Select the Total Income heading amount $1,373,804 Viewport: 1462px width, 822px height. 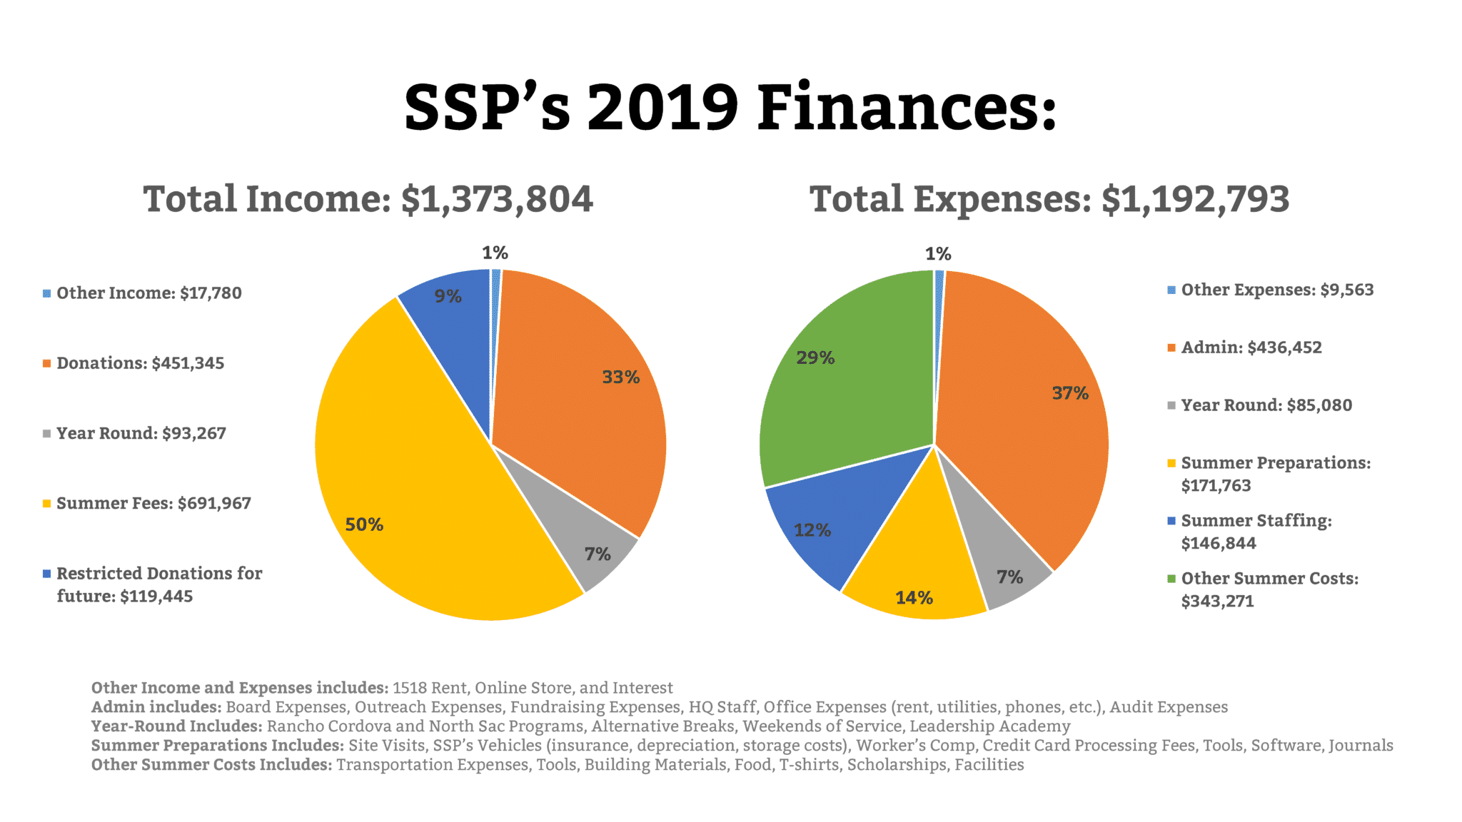(497, 199)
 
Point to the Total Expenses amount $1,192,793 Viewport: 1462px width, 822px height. (1195, 199)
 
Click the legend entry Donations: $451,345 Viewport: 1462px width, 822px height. (140, 363)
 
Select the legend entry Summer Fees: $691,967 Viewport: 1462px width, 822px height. (153, 503)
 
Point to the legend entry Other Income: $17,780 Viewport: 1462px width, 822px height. (148, 293)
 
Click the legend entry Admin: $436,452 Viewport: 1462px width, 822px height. (1251, 347)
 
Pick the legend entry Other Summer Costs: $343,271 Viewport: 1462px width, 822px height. (1269, 589)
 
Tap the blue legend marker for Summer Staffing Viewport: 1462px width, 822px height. (1171, 521)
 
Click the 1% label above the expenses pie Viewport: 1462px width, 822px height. (938, 254)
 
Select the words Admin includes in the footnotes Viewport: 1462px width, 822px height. (156, 707)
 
